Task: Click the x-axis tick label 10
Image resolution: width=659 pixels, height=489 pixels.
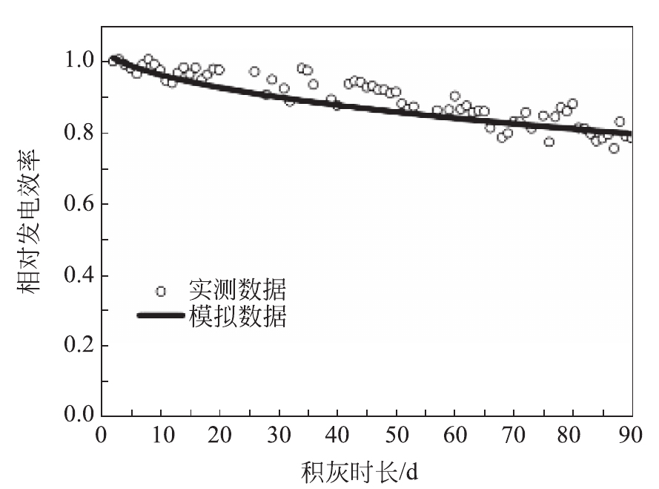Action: [x=160, y=435]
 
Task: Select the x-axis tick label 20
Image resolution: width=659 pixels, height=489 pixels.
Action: [x=219, y=435]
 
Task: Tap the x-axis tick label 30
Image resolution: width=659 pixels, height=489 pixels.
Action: [x=278, y=435]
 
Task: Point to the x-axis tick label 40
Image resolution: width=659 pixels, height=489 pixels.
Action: [x=337, y=435]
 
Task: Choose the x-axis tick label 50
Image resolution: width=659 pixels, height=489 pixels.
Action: [x=397, y=435]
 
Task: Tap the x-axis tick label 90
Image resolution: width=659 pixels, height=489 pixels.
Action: [x=632, y=435]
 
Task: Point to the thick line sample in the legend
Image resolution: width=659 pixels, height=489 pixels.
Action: [x=160, y=316]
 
